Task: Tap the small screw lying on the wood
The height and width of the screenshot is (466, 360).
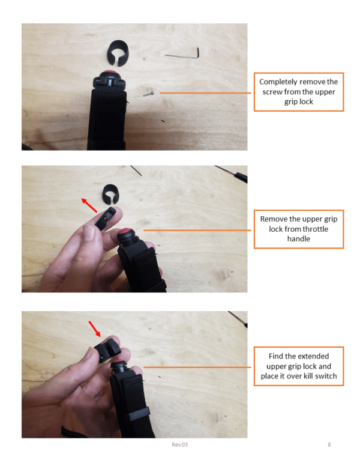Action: point(149,94)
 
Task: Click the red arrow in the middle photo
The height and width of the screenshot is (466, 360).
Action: point(89,205)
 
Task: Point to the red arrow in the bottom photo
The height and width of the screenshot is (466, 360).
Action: point(95,328)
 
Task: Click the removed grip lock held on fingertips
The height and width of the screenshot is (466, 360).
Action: point(106,219)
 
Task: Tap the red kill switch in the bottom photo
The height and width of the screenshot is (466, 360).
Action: point(119,363)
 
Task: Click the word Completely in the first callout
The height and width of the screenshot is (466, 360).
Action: point(278,82)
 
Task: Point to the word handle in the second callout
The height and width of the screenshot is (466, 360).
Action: point(299,238)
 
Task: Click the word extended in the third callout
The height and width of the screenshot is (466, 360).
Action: point(314,356)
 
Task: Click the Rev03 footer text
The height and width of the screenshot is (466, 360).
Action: point(180,444)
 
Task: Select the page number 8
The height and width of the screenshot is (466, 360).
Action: point(329,444)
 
